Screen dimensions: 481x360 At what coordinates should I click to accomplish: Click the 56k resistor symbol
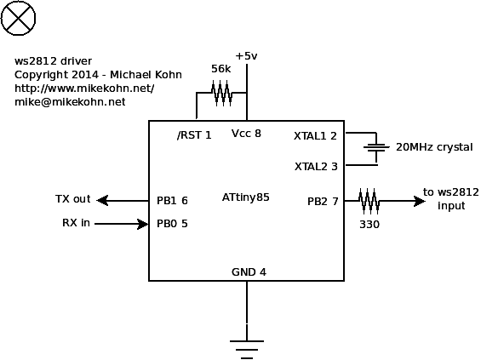pyautogui.click(x=221, y=93)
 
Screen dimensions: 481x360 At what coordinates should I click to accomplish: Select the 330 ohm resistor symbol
pyautogui.click(x=369, y=201)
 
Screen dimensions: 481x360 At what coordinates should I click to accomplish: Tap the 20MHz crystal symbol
pyautogui.click(x=376, y=147)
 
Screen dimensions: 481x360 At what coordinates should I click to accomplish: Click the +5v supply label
pyautogui.click(x=246, y=56)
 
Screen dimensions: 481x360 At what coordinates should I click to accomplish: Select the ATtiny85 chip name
pyautogui.click(x=246, y=197)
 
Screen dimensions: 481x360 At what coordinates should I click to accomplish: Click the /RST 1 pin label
pyautogui.click(x=194, y=135)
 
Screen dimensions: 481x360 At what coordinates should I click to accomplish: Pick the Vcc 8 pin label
pyautogui.click(x=246, y=134)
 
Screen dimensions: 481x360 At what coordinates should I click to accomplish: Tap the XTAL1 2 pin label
pyautogui.click(x=315, y=136)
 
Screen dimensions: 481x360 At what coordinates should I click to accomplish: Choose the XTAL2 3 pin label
pyautogui.click(x=316, y=167)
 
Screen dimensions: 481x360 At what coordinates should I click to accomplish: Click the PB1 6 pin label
pyautogui.click(x=172, y=201)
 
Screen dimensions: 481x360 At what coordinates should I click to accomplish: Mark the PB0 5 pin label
pyautogui.click(x=172, y=224)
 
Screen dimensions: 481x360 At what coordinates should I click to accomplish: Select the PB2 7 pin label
pyautogui.click(x=323, y=202)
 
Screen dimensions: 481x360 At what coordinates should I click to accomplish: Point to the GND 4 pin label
pyautogui.click(x=249, y=272)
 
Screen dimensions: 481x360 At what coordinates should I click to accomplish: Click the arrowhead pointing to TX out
pyautogui.click(x=102, y=201)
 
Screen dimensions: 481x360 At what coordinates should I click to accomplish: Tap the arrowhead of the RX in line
pyautogui.click(x=143, y=224)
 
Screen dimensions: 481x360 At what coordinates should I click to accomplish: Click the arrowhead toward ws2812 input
pyautogui.click(x=420, y=201)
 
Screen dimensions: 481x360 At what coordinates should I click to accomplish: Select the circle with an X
pyautogui.click(x=18, y=18)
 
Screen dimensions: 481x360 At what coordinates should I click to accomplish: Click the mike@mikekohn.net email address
pyautogui.click(x=70, y=102)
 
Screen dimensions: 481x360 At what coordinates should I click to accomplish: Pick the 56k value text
pyautogui.click(x=220, y=69)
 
